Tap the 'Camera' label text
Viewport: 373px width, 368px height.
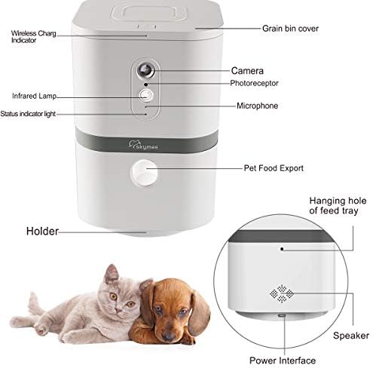coord(247,69)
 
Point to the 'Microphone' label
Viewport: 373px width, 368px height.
coord(257,106)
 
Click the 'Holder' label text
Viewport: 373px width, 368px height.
coord(43,231)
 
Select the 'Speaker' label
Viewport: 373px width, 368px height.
coord(353,335)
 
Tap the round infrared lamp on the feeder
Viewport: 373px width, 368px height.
coord(146,96)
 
